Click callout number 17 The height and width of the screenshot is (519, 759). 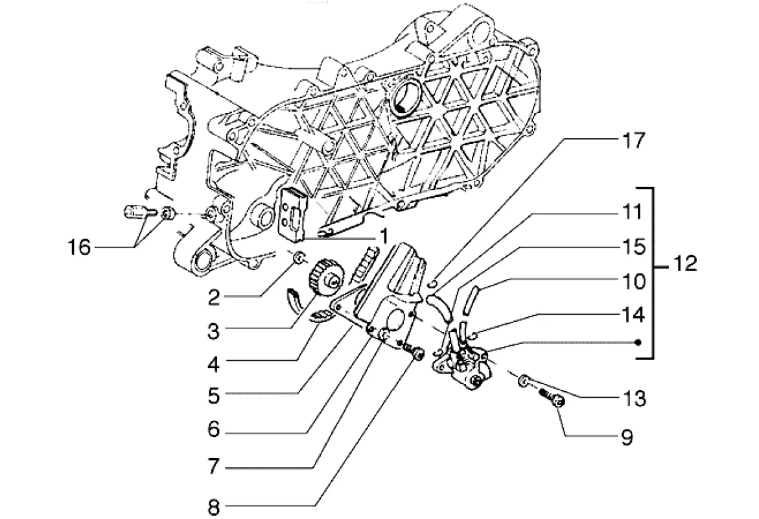pos(633,140)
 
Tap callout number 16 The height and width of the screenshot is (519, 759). pos(81,247)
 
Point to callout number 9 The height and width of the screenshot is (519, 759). pos(626,437)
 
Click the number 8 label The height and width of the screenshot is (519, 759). pos(214,507)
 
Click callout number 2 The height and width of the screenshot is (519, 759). pos(215,298)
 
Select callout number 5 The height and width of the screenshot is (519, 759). pos(214,395)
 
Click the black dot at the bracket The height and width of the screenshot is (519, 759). pos(638,342)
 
